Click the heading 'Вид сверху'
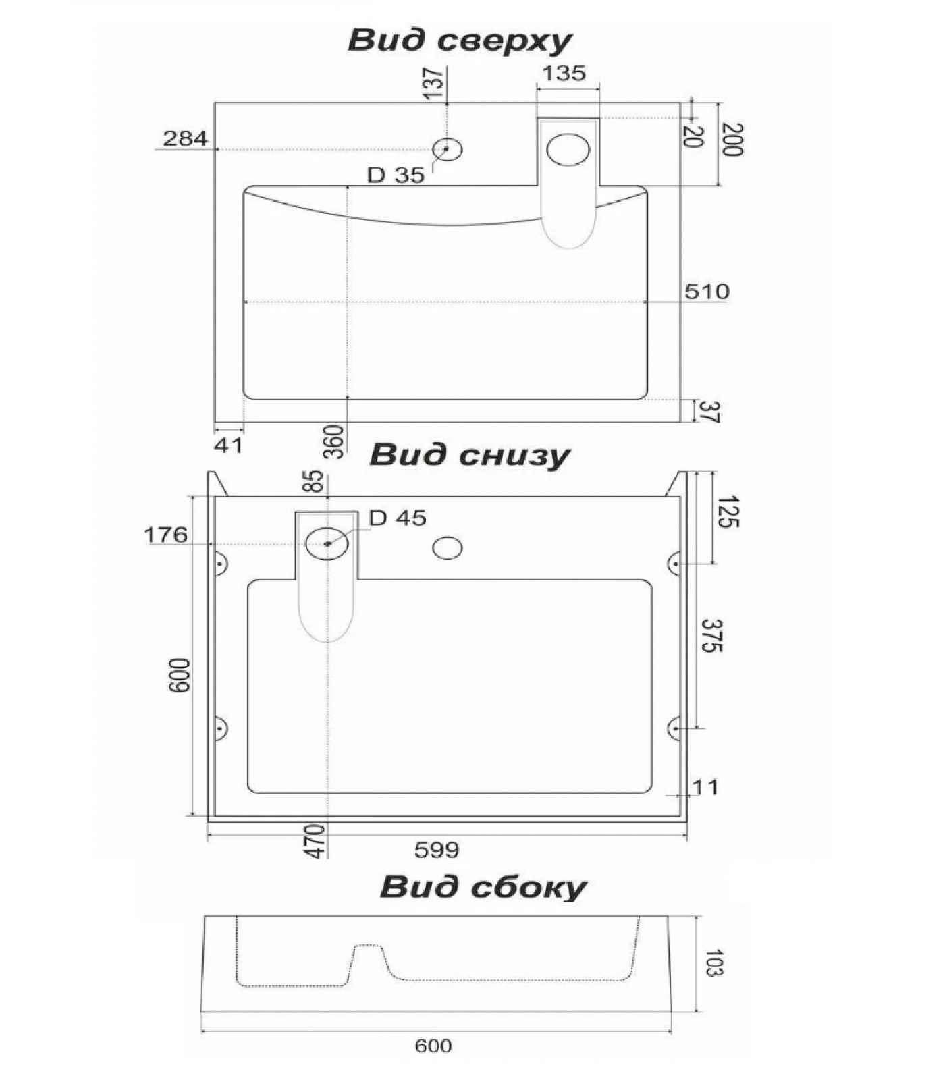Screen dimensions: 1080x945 click(x=460, y=40)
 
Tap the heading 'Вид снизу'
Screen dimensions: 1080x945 click(x=469, y=455)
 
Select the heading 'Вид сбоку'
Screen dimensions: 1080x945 click(x=483, y=886)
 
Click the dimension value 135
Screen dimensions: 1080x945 click(x=564, y=73)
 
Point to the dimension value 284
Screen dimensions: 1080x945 click(x=185, y=138)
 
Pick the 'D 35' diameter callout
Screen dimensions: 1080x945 click(x=396, y=175)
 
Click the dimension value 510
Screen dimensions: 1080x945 click(x=707, y=292)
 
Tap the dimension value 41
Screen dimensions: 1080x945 click(x=228, y=445)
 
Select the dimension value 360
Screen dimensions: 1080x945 click(x=334, y=442)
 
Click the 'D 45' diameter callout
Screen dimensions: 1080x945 click(x=398, y=518)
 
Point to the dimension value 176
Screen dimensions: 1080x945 click(x=165, y=535)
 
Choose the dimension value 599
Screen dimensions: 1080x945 click(x=437, y=850)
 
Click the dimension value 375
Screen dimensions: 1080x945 click(x=711, y=635)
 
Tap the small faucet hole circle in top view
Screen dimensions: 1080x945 click(x=447, y=149)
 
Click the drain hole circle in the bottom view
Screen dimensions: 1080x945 click(x=327, y=543)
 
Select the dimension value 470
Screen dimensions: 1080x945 click(x=316, y=840)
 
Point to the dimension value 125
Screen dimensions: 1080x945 click(x=727, y=512)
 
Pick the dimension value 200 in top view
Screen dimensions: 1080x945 click(x=731, y=140)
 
